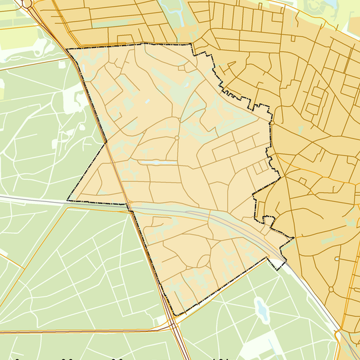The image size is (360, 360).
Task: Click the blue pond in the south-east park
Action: (261, 309)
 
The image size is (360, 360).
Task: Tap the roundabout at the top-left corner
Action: (27, 3)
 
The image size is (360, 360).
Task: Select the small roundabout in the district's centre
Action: (176, 138)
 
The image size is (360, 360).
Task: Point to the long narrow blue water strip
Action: (153, 162)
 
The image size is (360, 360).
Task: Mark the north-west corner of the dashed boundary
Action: (67, 49)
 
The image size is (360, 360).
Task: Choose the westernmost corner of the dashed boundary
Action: (67, 201)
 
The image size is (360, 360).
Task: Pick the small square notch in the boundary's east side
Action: (268, 219)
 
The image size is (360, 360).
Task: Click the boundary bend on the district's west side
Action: (105, 142)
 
